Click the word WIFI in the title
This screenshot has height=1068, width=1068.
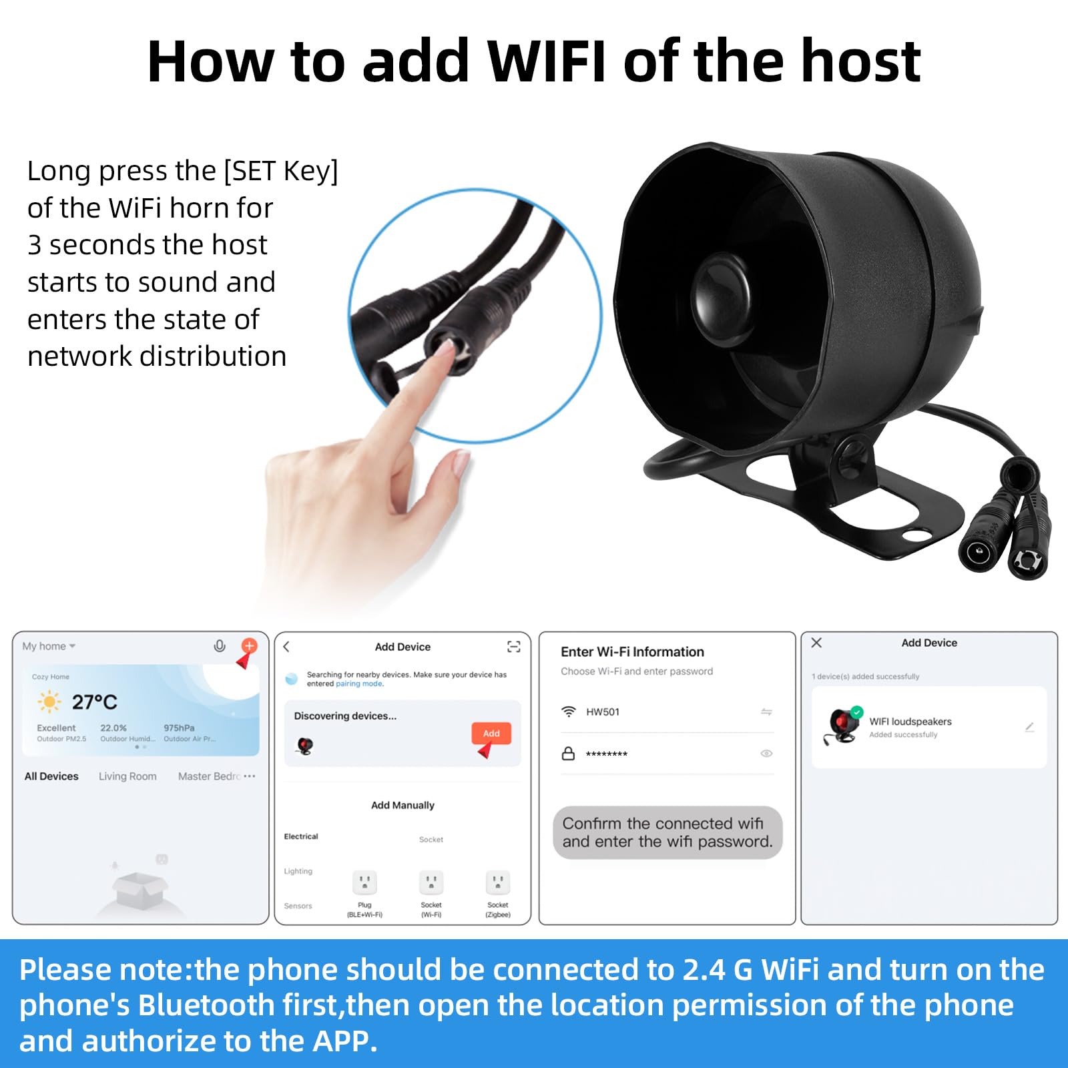[547, 61]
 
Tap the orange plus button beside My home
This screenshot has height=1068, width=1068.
[249, 645]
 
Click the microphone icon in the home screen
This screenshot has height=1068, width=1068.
[219, 646]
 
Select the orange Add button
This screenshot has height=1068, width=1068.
[491, 733]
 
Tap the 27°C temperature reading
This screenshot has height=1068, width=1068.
[94, 702]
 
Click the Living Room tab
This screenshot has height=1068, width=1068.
[127, 776]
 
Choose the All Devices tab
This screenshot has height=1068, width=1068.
[51, 776]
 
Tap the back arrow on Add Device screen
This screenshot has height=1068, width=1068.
[287, 647]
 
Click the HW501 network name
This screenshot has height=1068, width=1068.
[603, 712]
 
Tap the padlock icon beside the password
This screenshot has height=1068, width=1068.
[568, 754]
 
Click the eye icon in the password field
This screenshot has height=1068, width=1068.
[766, 754]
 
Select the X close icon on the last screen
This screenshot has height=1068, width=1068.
[816, 643]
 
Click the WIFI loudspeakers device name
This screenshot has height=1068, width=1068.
[910, 722]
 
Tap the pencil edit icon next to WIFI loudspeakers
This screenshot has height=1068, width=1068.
[1030, 727]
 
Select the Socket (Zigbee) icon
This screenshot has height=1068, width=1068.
[498, 882]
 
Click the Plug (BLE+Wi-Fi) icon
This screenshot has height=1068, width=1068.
[364, 882]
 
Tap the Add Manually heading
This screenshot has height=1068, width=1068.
[403, 805]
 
